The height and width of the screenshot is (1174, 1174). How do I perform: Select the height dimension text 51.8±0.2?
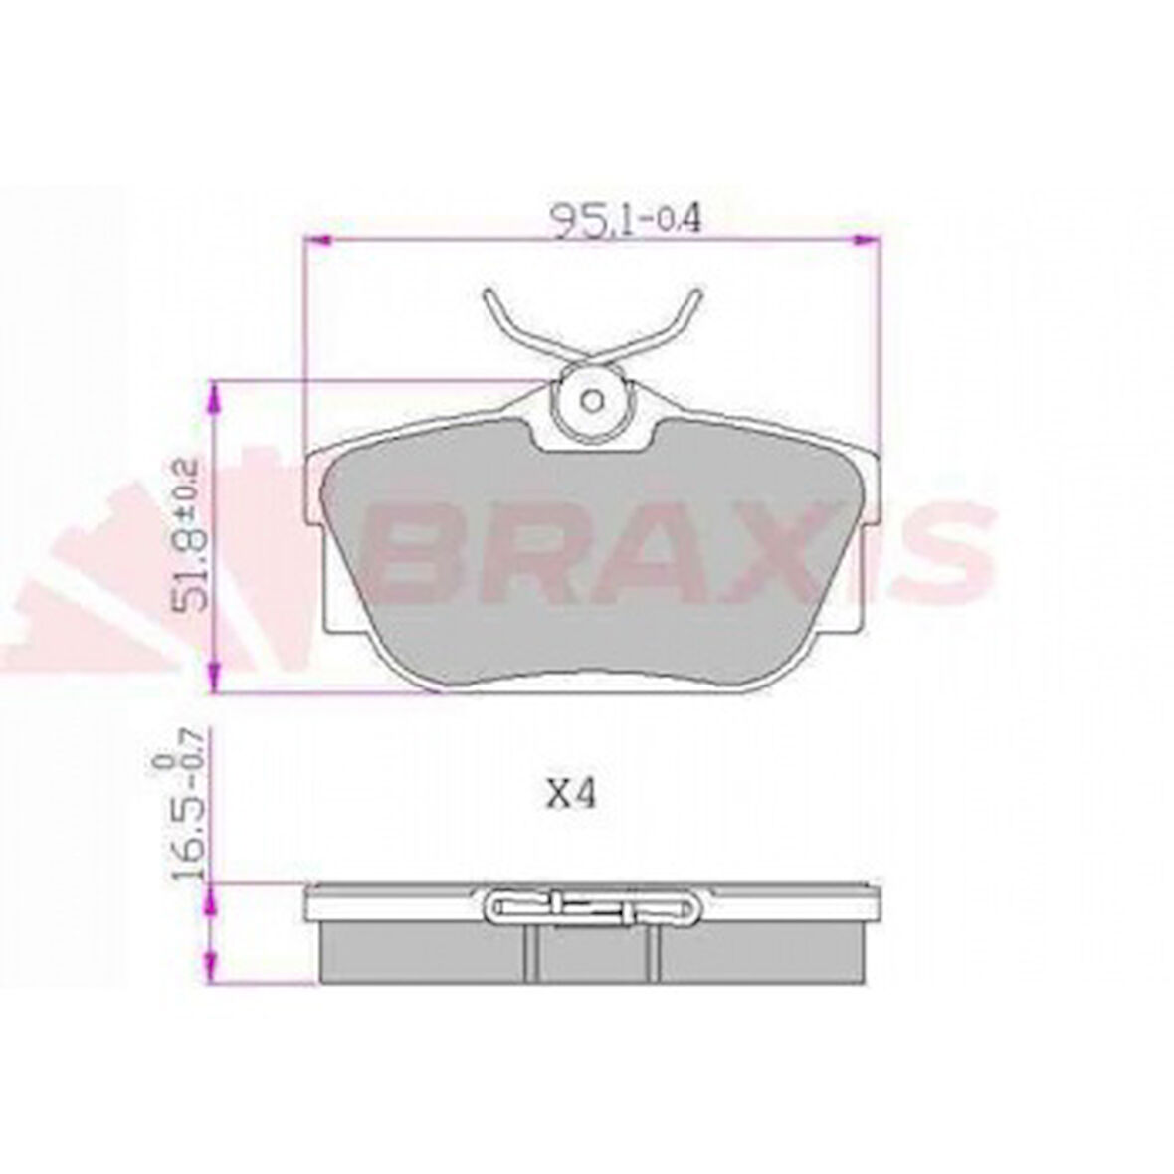tap(188, 535)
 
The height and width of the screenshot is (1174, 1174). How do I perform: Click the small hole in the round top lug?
tap(592, 401)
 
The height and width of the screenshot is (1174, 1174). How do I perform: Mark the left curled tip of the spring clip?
tap(488, 295)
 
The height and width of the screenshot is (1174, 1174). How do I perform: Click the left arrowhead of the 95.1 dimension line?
tap(316, 240)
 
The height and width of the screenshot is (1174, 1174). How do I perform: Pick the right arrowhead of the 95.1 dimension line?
tap(869, 240)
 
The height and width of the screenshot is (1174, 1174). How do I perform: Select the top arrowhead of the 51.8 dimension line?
tap(212, 399)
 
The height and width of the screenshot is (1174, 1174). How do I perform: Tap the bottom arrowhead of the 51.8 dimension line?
tap(212, 677)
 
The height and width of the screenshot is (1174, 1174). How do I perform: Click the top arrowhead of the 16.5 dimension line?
tap(211, 901)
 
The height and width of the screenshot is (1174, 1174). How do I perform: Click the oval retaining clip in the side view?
tap(593, 905)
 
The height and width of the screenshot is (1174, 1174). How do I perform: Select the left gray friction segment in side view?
tap(423, 953)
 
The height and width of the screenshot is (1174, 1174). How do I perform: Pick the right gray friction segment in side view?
tap(761, 953)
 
